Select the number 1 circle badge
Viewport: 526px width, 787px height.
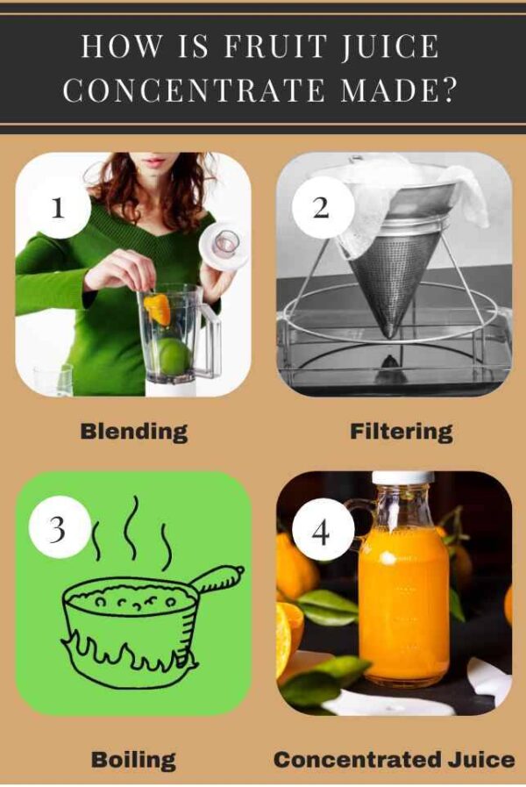[x=58, y=208]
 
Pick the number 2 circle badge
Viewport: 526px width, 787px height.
[x=322, y=208]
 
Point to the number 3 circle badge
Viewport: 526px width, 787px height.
[x=58, y=529]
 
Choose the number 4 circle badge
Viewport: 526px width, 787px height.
[x=322, y=529]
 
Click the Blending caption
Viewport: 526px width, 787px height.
[x=133, y=432]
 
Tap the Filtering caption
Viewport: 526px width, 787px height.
[x=401, y=432]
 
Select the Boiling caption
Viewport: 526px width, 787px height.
[x=133, y=760]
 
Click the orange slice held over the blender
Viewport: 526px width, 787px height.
[x=158, y=308]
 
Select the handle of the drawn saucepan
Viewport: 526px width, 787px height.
[x=218, y=579]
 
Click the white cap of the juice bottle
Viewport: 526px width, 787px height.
[x=402, y=479]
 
